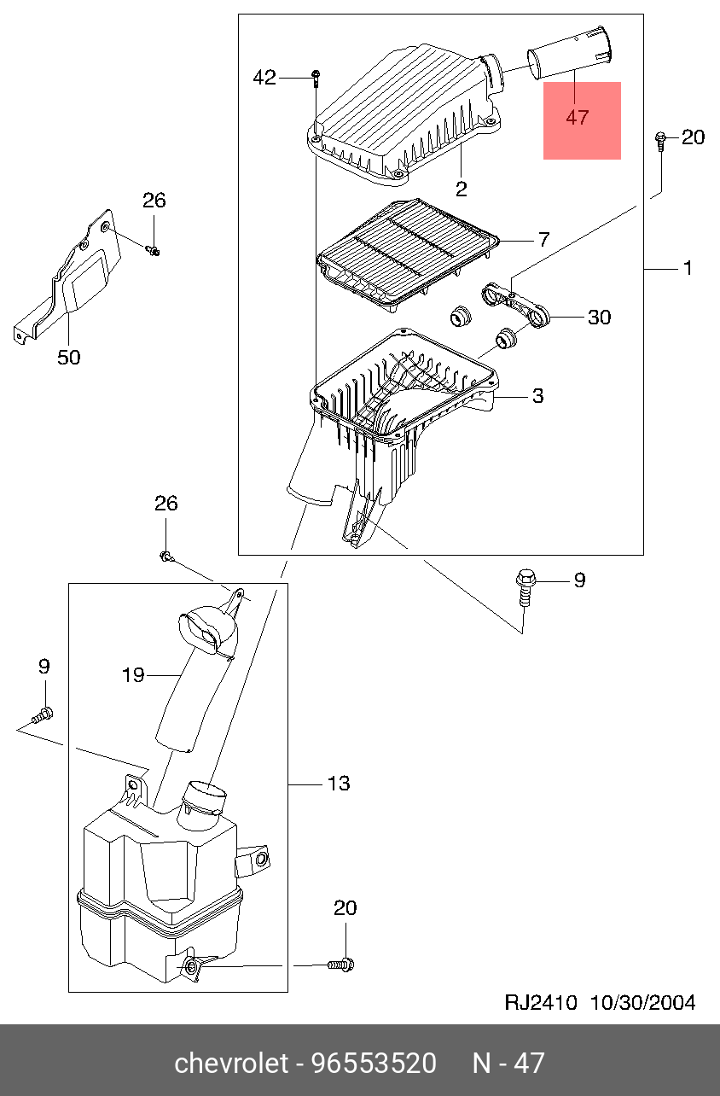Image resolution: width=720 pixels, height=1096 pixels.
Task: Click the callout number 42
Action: [x=264, y=78]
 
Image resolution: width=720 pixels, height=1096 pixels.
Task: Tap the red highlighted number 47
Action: [x=578, y=118]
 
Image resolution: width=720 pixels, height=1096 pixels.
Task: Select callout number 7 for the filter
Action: [x=544, y=239]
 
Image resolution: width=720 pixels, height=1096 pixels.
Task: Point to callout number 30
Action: [x=599, y=317]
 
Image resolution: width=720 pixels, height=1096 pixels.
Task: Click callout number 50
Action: [x=68, y=357]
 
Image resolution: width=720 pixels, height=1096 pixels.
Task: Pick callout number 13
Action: [x=339, y=784]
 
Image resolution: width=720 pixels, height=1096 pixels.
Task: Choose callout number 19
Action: [x=133, y=675]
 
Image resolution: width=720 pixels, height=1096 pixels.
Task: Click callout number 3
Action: [x=537, y=395]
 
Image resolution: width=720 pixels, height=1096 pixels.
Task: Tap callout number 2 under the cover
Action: [x=462, y=189]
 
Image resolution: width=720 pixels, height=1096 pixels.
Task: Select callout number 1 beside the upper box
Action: [x=688, y=268]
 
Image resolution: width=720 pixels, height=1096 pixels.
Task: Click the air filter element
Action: [x=408, y=254]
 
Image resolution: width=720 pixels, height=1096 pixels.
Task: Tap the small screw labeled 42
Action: [x=316, y=79]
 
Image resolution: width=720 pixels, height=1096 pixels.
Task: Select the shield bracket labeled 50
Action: [x=67, y=277]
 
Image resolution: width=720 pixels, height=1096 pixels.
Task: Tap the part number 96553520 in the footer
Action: [x=375, y=1063]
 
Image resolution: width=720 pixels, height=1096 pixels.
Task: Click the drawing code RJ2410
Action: [x=541, y=1002]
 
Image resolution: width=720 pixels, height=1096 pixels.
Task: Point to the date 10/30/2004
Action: [x=642, y=1002]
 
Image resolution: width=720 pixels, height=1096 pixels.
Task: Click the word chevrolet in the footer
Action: [x=231, y=1063]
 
